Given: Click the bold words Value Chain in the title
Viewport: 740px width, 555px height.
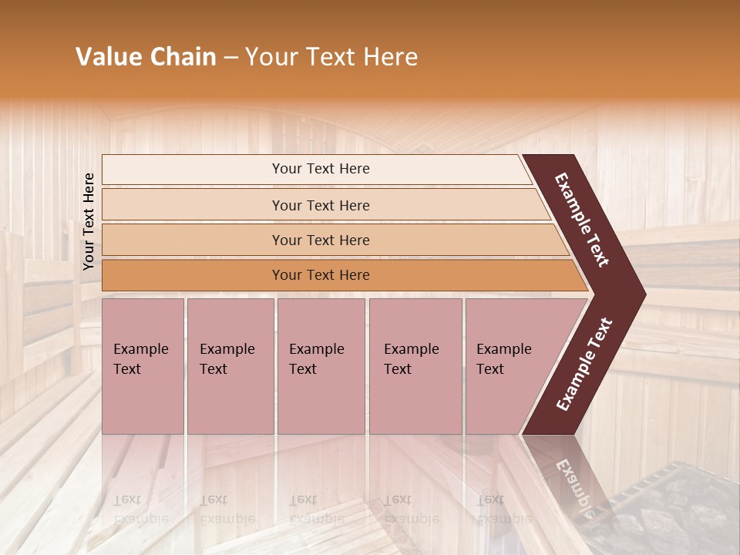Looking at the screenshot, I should coord(146,57).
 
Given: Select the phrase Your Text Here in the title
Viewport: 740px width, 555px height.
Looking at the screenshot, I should coord(331,57).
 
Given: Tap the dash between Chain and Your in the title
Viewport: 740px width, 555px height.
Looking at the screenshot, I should coord(230,58).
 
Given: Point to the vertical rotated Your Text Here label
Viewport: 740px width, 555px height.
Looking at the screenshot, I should coord(89,222).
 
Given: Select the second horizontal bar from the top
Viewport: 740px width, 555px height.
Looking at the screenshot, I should coord(321,205).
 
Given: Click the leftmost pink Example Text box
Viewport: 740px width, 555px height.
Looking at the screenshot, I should coord(143,365).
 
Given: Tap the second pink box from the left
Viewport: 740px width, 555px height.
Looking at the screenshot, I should coord(230,365).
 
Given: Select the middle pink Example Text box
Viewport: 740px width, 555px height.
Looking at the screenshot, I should coord(321,365).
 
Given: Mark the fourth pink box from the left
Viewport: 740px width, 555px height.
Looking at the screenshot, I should coord(415,365).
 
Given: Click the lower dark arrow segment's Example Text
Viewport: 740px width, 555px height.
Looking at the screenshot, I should coord(584,364).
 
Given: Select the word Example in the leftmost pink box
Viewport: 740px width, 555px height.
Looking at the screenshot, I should coord(140,349).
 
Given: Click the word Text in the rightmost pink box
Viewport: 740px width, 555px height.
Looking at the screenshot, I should coord(489,369).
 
